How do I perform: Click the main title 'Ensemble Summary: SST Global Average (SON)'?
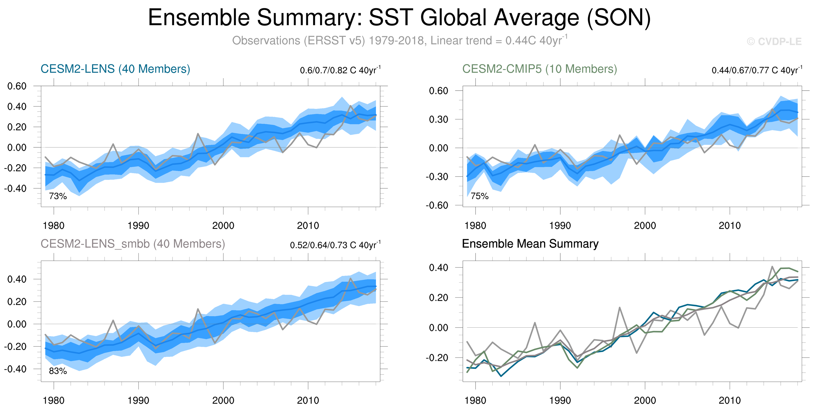[x=399, y=18]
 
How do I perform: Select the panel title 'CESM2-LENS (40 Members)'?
[x=115, y=69]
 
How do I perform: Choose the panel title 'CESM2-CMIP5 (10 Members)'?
[x=539, y=69]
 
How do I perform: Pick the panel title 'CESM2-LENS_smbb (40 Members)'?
[x=133, y=244]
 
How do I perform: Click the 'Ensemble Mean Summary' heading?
[x=530, y=244]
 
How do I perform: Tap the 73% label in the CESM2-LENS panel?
[x=58, y=196]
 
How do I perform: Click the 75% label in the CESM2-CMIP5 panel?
[x=479, y=196]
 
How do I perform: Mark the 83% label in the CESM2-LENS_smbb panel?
[x=58, y=371]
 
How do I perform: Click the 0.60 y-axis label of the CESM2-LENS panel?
[x=17, y=86]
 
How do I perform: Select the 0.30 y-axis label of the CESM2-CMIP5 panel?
[x=438, y=119]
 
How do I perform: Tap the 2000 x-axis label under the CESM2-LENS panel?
[x=223, y=225]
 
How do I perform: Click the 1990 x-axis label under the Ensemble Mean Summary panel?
[x=560, y=400]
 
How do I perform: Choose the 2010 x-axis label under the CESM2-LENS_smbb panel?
[x=308, y=400]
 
